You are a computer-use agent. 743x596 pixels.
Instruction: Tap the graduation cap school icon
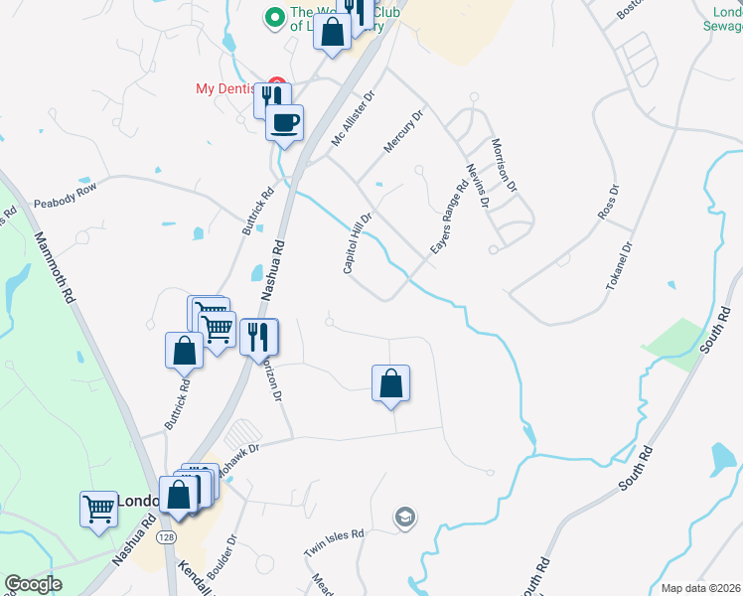(x=404, y=517)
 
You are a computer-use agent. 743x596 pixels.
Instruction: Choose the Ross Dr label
(x=608, y=203)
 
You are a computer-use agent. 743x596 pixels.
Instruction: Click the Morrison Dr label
(x=505, y=165)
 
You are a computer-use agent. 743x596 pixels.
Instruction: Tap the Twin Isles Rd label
(x=335, y=542)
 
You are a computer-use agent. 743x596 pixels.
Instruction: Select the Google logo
(x=33, y=584)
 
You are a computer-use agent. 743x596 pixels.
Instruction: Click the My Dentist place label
(x=228, y=88)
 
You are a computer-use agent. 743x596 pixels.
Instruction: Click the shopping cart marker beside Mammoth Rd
(x=99, y=509)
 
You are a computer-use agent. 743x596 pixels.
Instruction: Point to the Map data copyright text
(x=700, y=588)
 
